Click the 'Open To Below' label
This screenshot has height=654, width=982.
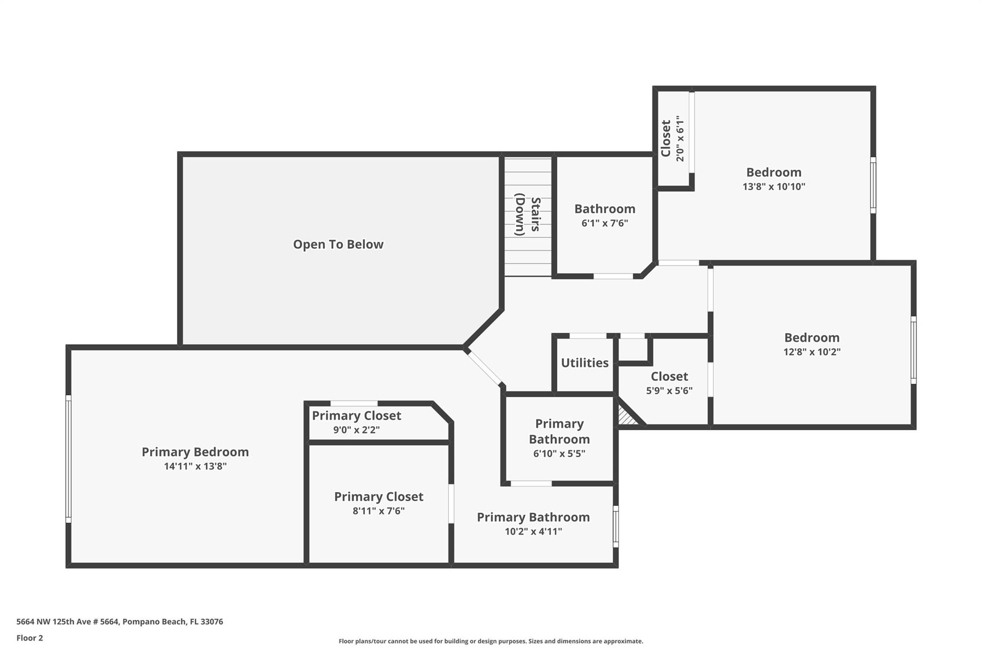[x=338, y=244]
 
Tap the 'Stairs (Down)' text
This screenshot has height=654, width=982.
[x=527, y=215]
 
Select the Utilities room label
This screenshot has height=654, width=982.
[x=585, y=363]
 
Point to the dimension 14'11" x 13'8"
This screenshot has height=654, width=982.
[x=195, y=466]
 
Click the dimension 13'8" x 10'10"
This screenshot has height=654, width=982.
[x=774, y=186]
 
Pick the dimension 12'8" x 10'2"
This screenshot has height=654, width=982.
[x=812, y=352]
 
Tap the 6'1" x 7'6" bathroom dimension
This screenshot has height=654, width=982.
[x=605, y=223]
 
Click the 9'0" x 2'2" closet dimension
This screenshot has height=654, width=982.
[x=356, y=430]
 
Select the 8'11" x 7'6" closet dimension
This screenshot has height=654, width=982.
[x=378, y=511]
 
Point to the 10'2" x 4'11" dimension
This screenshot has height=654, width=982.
[x=533, y=531]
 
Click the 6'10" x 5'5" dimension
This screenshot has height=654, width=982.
[x=559, y=453]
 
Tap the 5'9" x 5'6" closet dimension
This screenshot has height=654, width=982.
[x=669, y=390]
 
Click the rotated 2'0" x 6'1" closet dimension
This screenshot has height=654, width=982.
[x=679, y=138]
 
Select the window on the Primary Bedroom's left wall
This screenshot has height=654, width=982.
[x=69, y=459]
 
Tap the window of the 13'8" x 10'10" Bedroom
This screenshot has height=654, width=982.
[x=873, y=185]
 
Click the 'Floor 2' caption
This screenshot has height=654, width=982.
[x=30, y=638]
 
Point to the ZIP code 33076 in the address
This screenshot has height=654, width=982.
[x=212, y=621]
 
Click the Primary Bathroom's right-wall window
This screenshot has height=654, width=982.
[x=616, y=527]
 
